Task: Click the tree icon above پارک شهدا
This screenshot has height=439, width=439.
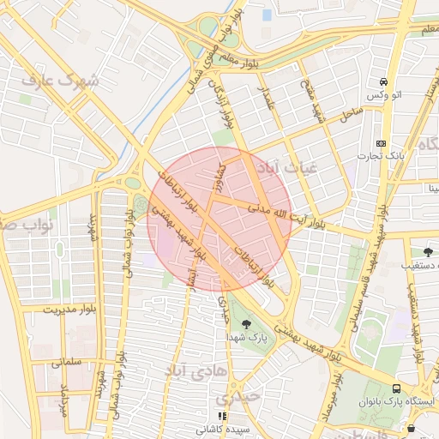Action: (247, 324)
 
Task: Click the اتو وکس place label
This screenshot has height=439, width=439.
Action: (381, 94)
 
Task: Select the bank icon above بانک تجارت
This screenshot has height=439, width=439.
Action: (381, 143)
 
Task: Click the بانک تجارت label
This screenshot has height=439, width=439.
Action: (382, 156)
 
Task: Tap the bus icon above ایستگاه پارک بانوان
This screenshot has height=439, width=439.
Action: (396, 388)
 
